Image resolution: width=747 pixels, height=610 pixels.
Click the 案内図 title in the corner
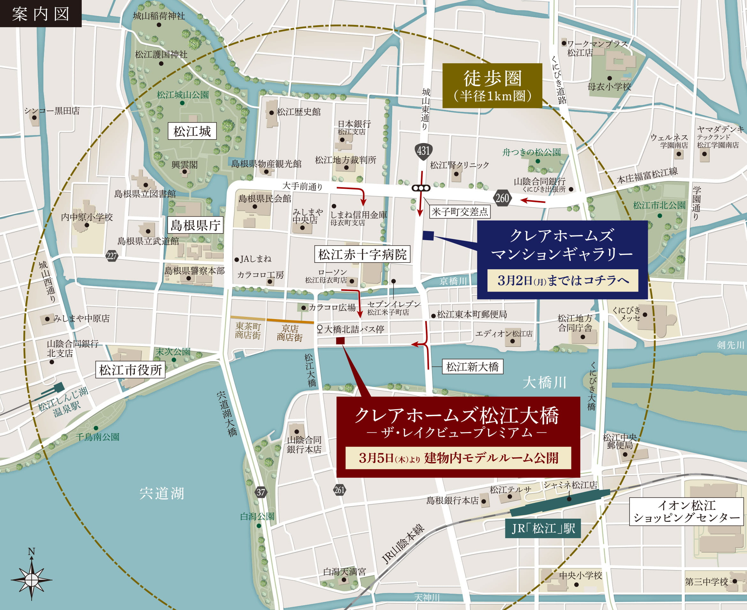41,13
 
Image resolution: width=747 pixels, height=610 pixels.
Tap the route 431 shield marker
423,151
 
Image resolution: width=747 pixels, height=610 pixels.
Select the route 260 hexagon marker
502,199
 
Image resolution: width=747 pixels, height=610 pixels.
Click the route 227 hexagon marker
112,256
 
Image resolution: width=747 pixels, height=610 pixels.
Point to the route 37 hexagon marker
260,492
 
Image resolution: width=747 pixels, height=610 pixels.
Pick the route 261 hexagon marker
339,490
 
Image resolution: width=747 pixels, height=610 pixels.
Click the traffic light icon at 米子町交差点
421,188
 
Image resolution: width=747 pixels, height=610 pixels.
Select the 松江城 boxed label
192,131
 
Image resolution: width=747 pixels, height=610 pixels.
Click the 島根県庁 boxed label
195,225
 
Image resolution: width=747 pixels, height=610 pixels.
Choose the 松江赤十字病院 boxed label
362,254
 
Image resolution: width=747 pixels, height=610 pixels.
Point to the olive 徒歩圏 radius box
492,85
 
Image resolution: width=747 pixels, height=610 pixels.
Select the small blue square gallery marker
428,235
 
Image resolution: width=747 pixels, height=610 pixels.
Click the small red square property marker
340,340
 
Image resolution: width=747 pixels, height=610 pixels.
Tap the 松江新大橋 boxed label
472,367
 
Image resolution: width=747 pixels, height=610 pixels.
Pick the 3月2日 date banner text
562,280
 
